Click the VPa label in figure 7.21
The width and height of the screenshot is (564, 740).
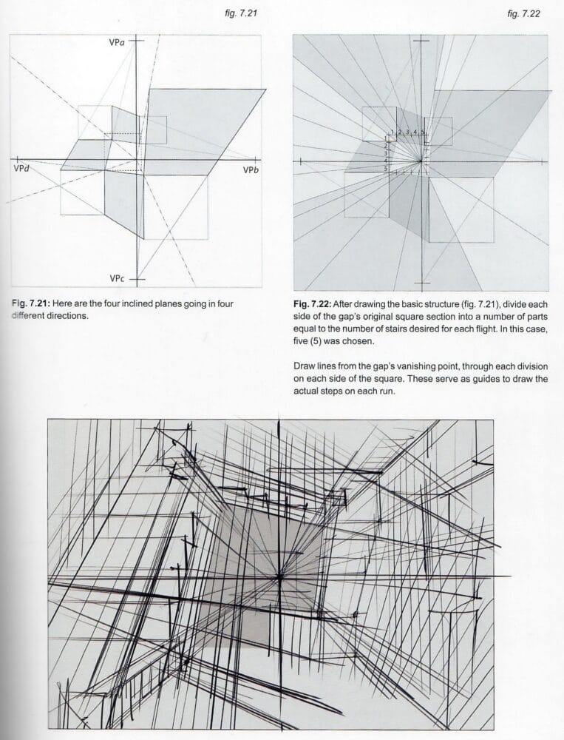(115, 44)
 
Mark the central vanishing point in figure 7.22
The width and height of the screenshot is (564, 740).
(421, 160)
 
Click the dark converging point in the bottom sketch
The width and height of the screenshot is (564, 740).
(279, 575)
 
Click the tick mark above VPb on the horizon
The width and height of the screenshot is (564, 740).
(256, 159)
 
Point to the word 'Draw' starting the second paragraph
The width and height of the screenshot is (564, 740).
(305, 368)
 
